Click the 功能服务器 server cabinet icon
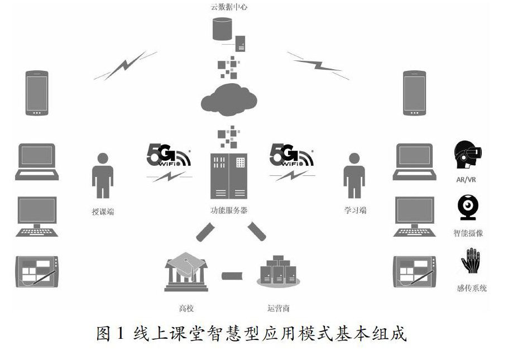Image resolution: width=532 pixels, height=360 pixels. pos(229,175)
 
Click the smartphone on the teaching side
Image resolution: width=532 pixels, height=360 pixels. pos(37,93)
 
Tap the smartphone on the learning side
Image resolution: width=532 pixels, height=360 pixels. pos(415,93)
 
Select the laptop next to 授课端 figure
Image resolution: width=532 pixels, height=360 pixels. pos(37,162)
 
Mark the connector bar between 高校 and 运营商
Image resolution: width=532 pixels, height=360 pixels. pos(232,275)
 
